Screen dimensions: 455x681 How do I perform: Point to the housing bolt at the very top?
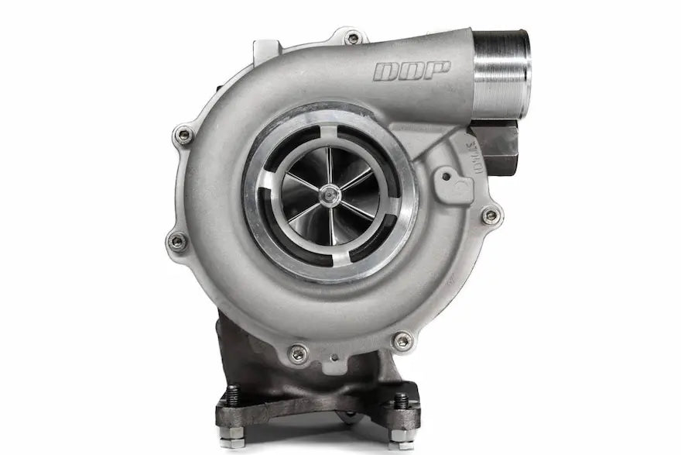(353, 36)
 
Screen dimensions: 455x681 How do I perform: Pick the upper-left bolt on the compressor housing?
(184, 136)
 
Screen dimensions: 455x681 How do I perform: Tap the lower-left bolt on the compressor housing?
(177, 241)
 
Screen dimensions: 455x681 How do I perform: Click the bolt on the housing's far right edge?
(489, 215)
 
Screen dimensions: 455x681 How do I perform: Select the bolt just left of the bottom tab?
(298, 353)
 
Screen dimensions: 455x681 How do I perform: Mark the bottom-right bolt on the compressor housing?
(402, 340)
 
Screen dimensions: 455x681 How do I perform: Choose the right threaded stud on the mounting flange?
(400, 400)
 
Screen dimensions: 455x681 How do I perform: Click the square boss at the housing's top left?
(265, 50)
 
